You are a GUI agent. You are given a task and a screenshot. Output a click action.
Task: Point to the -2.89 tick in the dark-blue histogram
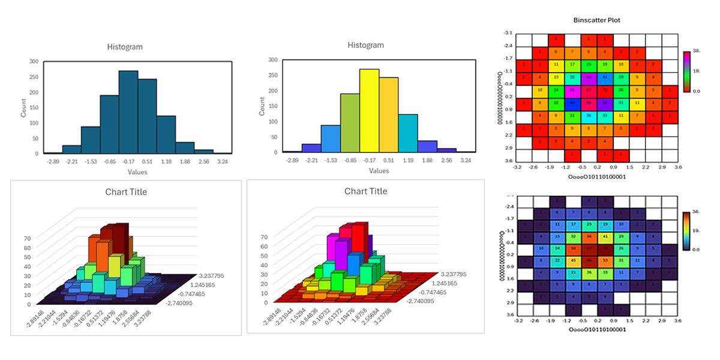click(52, 161)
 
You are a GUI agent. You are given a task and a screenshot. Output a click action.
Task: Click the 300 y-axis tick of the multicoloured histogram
click(273, 60)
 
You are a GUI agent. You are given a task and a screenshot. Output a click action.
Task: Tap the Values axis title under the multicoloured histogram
click(379, 171)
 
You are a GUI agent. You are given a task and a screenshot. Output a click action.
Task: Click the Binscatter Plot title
click(596, 20)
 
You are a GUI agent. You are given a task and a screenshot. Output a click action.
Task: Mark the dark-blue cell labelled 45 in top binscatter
click(572, 103)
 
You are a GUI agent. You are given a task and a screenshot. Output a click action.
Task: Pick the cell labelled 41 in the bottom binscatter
click(605, 236)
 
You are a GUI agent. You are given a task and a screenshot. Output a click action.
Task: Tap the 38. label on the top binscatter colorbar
click(697, 52)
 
